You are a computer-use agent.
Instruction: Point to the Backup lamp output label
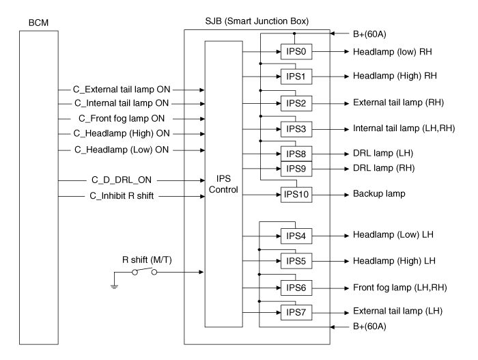point(378,195)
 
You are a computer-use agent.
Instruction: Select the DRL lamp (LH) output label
point(382,152)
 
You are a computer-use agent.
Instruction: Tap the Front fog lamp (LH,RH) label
point(399,287)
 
